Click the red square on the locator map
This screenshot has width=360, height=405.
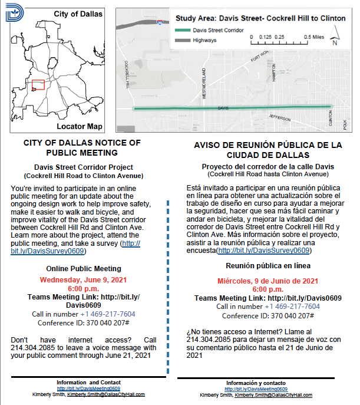[x=38, y=85]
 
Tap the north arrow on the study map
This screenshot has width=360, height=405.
[x=335, y=39]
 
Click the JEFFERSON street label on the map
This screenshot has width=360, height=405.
[x=279, y=118]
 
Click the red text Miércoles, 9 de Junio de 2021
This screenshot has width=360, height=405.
[x=268, y=281]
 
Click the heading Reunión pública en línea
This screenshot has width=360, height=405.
[x=268, y=266]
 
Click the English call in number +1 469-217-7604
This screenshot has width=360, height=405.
[x=107, y=314]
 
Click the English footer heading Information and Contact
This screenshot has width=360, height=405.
[x=89, y=383]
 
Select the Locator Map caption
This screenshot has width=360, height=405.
[x=80, y=127]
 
